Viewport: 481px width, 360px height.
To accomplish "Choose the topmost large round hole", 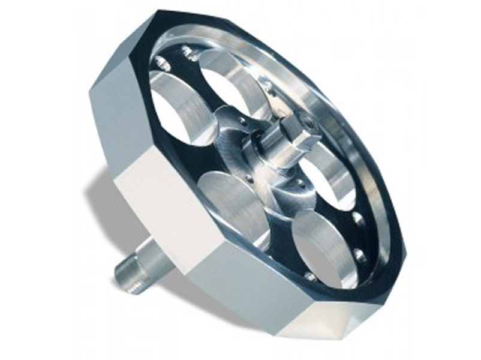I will [231, 81].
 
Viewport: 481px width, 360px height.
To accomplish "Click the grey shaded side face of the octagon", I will [111, 126].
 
